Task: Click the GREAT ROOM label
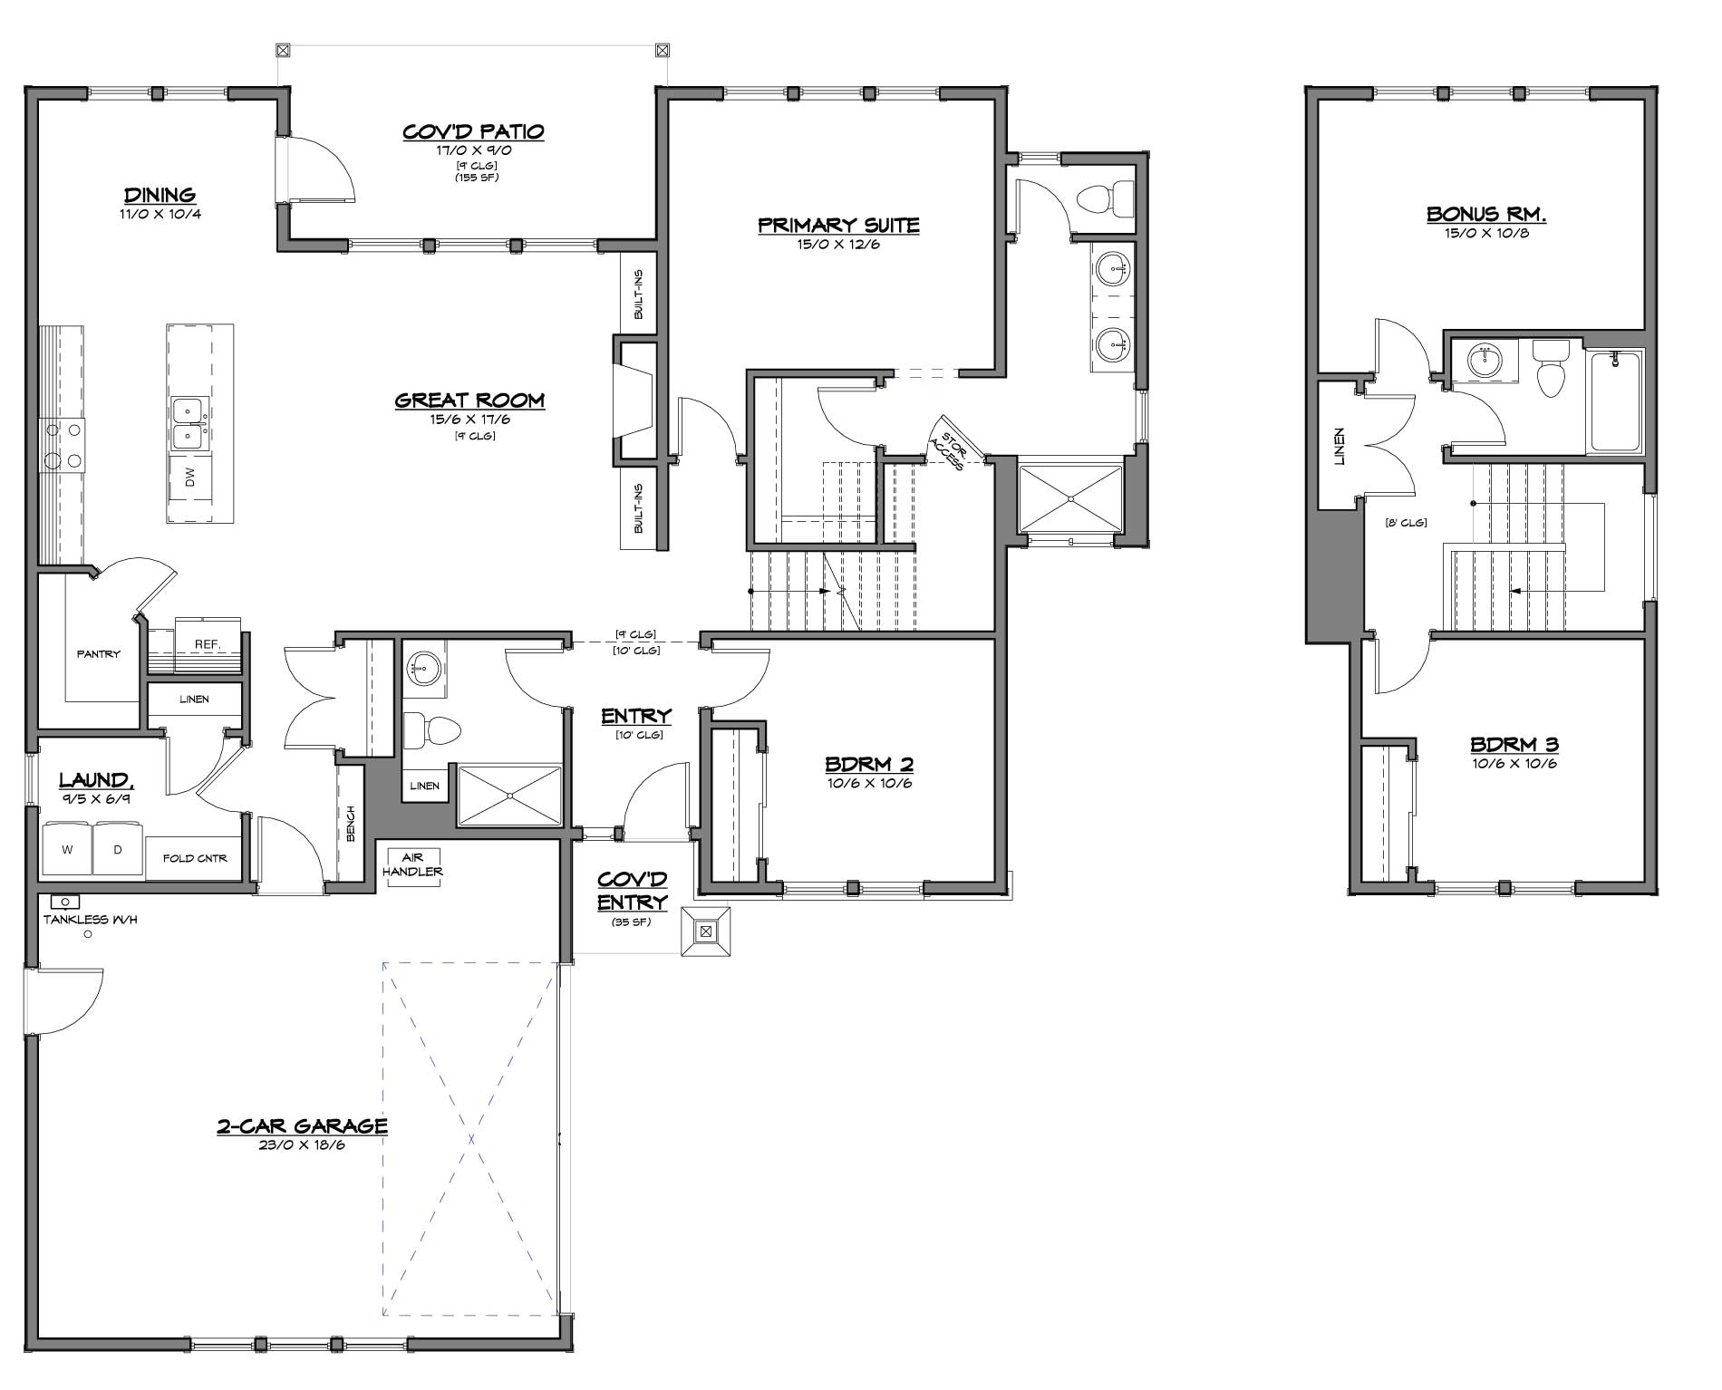coord(469,401)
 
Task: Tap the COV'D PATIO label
coord(473,132)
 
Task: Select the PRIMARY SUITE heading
coord(838,226)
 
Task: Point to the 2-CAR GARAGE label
coord(302,1126)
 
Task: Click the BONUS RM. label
coord(1486,215)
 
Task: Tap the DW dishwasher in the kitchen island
coord(189,479)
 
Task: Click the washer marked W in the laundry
coord(67,849)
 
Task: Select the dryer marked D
coord(118,849)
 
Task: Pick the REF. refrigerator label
coord(208,644)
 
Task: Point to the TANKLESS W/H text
coord(90,920)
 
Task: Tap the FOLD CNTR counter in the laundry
coord(195,857)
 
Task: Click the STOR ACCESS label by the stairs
coord(947,447)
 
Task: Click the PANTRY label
coord(98,653)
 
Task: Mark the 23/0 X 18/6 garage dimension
coord(302,1145)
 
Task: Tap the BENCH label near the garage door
coord(351,823)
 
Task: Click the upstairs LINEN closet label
coord(1339,447)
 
